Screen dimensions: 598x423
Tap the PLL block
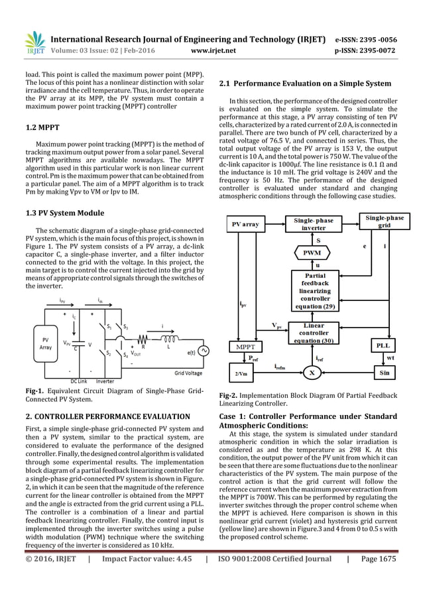pos(383,345)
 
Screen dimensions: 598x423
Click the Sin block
pos(383,373)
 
